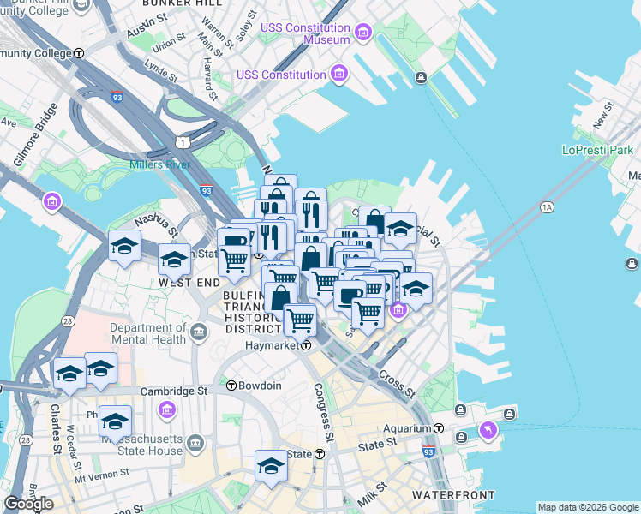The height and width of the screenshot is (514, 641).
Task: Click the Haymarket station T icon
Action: (305, 346)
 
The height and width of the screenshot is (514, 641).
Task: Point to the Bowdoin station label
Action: (260, 385)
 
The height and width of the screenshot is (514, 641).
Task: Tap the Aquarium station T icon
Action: (438, 427)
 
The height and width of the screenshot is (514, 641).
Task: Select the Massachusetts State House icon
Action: (196, 443)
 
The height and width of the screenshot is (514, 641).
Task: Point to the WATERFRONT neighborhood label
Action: (452, 495)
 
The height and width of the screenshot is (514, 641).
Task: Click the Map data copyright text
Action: (587, 507)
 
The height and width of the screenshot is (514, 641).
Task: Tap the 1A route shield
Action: (547, 207)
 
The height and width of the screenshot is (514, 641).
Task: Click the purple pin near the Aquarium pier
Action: (488, 430)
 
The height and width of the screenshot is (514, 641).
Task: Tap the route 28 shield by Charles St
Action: (25, 440)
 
